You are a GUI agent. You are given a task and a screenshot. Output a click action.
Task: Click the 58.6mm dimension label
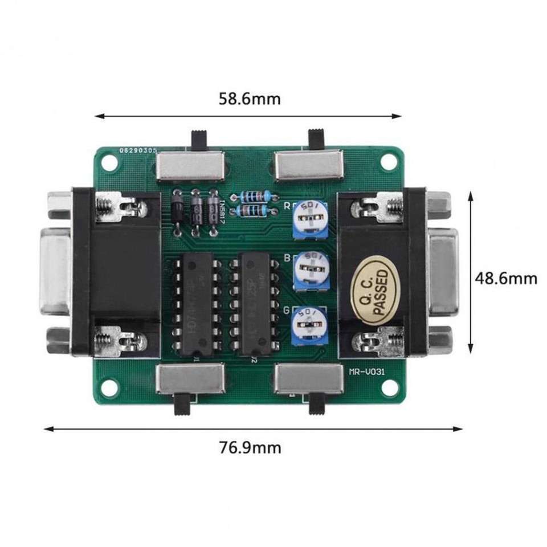[x=250, y=99]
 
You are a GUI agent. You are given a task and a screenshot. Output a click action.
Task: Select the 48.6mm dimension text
[x=507, y=278]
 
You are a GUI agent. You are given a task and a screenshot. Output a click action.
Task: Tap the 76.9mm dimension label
[x=250, y=447]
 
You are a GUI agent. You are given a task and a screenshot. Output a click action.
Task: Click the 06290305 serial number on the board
[x=136, y=150]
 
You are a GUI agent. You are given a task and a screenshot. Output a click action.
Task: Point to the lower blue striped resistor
[x=255, y=212]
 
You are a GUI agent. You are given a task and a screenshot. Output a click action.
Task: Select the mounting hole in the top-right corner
[x=389, y=162]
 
